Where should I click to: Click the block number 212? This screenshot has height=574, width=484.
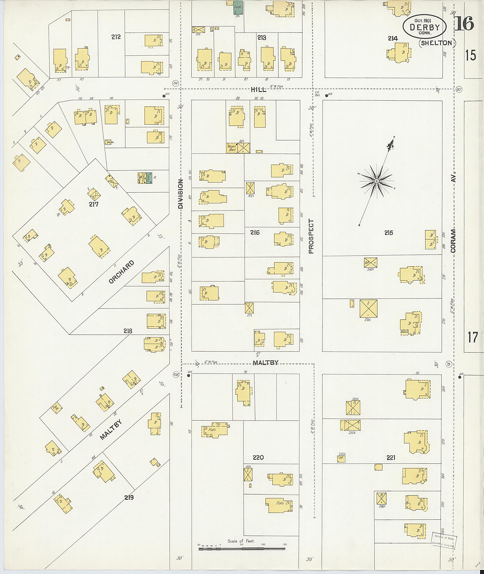116,37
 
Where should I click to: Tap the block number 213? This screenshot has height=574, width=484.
261,38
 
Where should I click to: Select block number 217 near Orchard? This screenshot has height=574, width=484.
94,204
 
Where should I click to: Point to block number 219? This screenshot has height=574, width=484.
129,497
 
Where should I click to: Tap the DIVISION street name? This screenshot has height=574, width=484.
180,194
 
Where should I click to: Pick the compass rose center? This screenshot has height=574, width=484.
376,181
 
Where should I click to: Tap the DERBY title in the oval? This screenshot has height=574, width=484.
424,27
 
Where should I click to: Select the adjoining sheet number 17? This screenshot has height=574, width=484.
472,337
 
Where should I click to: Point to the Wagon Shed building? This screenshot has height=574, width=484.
231,148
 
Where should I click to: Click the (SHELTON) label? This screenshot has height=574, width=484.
437,43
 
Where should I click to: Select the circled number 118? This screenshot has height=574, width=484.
176,83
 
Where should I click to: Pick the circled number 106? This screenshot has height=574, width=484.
176,374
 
